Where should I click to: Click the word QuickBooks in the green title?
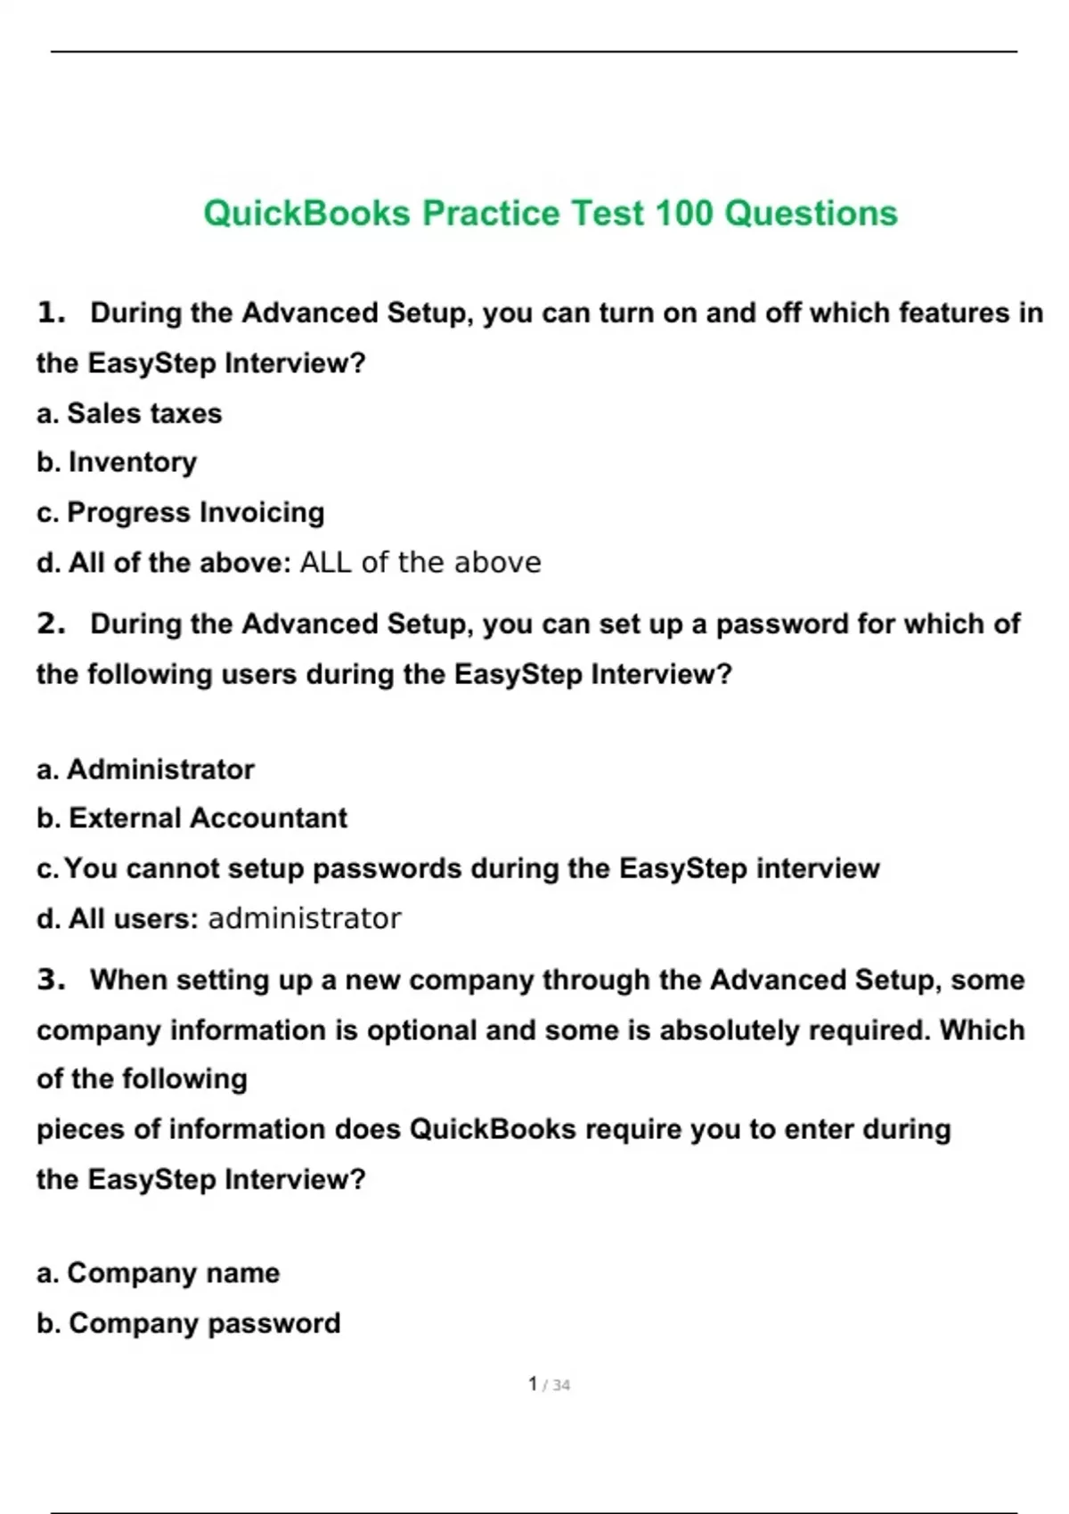[x=306, y=214]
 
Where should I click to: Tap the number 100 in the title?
[x=683, y=214]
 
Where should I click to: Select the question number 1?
[x=51, y=313]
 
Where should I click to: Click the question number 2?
[x=51, y=623]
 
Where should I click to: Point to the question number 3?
[x=51, y=980]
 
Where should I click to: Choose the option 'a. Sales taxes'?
[x=129, y=413]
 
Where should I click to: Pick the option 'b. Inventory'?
[x=117, y=462]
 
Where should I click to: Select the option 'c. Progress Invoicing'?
[x=180, y=512]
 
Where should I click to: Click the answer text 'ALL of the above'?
[x=420, y=562]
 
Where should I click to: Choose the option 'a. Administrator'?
[x=145, y=769]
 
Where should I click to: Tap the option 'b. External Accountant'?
[x=192, y=818]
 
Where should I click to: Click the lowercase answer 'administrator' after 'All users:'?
[x=305, y=918]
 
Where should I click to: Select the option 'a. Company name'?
[x=158, y=1273]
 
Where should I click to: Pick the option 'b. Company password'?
[x=188, y=1323]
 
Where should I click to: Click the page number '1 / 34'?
[x=549, y=1385]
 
